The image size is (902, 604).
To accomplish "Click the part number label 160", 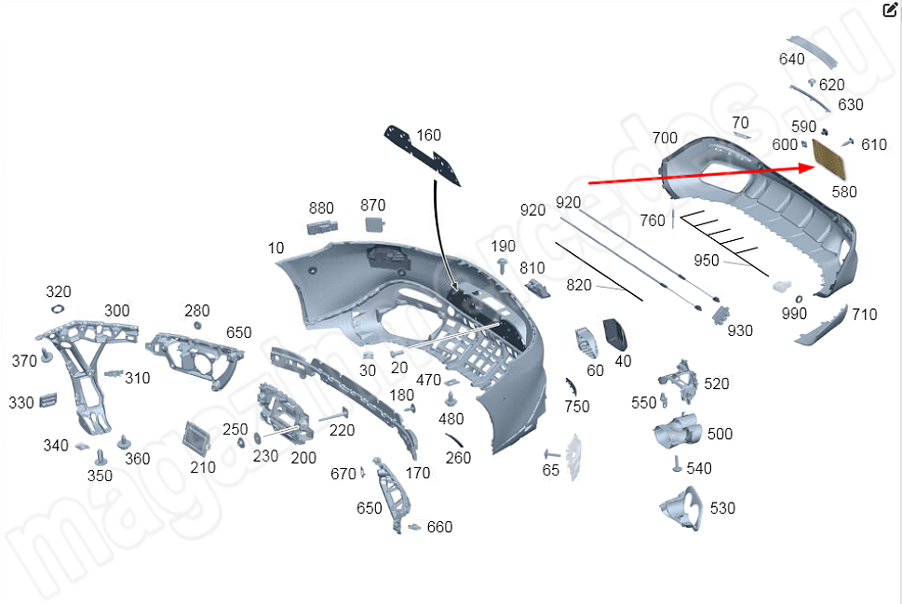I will (x=428, y=136).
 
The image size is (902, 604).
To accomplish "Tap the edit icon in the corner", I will (x=890, y=10).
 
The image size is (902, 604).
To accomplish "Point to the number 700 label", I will (x=665, y=138).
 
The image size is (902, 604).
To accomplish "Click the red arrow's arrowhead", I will (x=808, y=167).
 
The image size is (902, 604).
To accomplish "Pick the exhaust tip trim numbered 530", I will (x=682, y=508).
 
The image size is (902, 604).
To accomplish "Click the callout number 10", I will (x=276, y=248).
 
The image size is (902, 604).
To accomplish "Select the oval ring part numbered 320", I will (x=57, y=310).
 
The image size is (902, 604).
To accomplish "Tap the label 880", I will (x=321, y=208).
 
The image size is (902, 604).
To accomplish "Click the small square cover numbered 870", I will (x=373, y=224).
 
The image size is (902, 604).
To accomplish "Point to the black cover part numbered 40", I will (x=616, y=333).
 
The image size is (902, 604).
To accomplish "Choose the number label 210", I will (x=203, y=467).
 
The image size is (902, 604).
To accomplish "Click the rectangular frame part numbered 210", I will (x=197, y=434).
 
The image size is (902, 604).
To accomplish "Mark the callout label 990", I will (x=794, y=314).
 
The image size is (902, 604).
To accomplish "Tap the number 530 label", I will (x=722, y=508).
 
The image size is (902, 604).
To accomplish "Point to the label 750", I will (x=577, y=406).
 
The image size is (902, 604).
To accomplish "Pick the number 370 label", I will (x=24, y=360).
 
